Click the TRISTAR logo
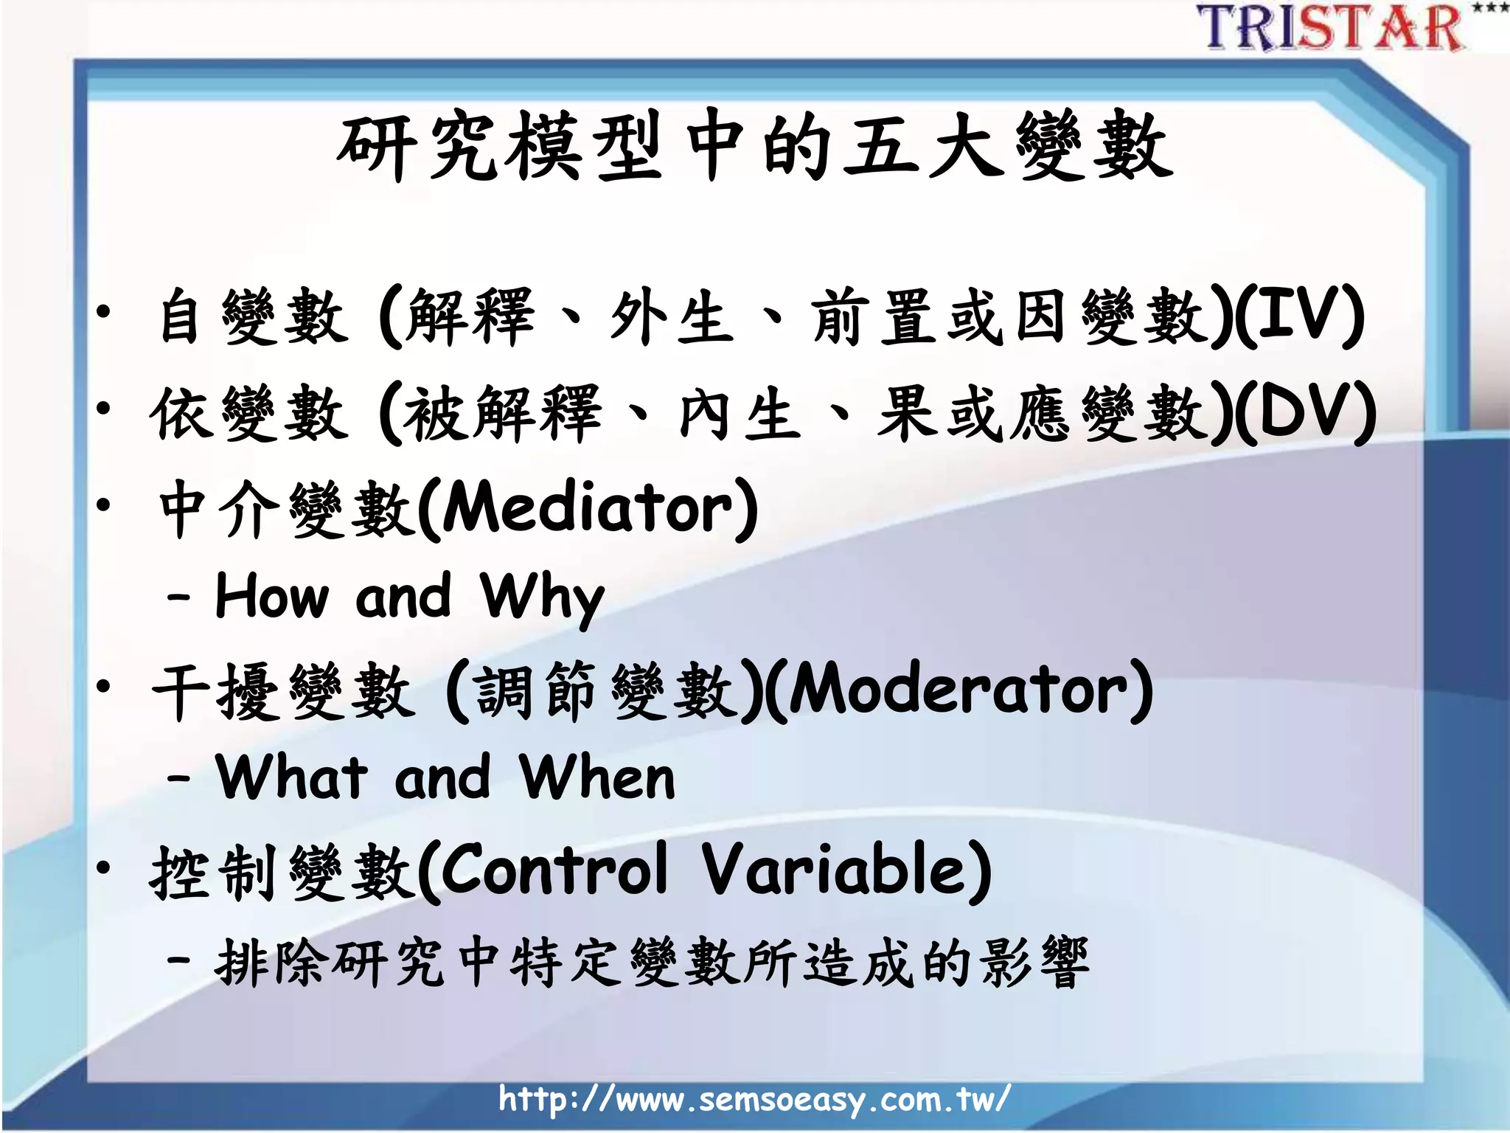tap(1331, 28)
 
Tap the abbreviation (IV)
tap(1298, 316)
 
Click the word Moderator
tap(958, 690)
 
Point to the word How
tap(271, 596)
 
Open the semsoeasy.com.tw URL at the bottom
tap(754, 1099)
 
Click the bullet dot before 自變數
tap(104, 313)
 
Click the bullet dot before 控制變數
tap(104, 867)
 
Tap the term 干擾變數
tap(284, 691)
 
